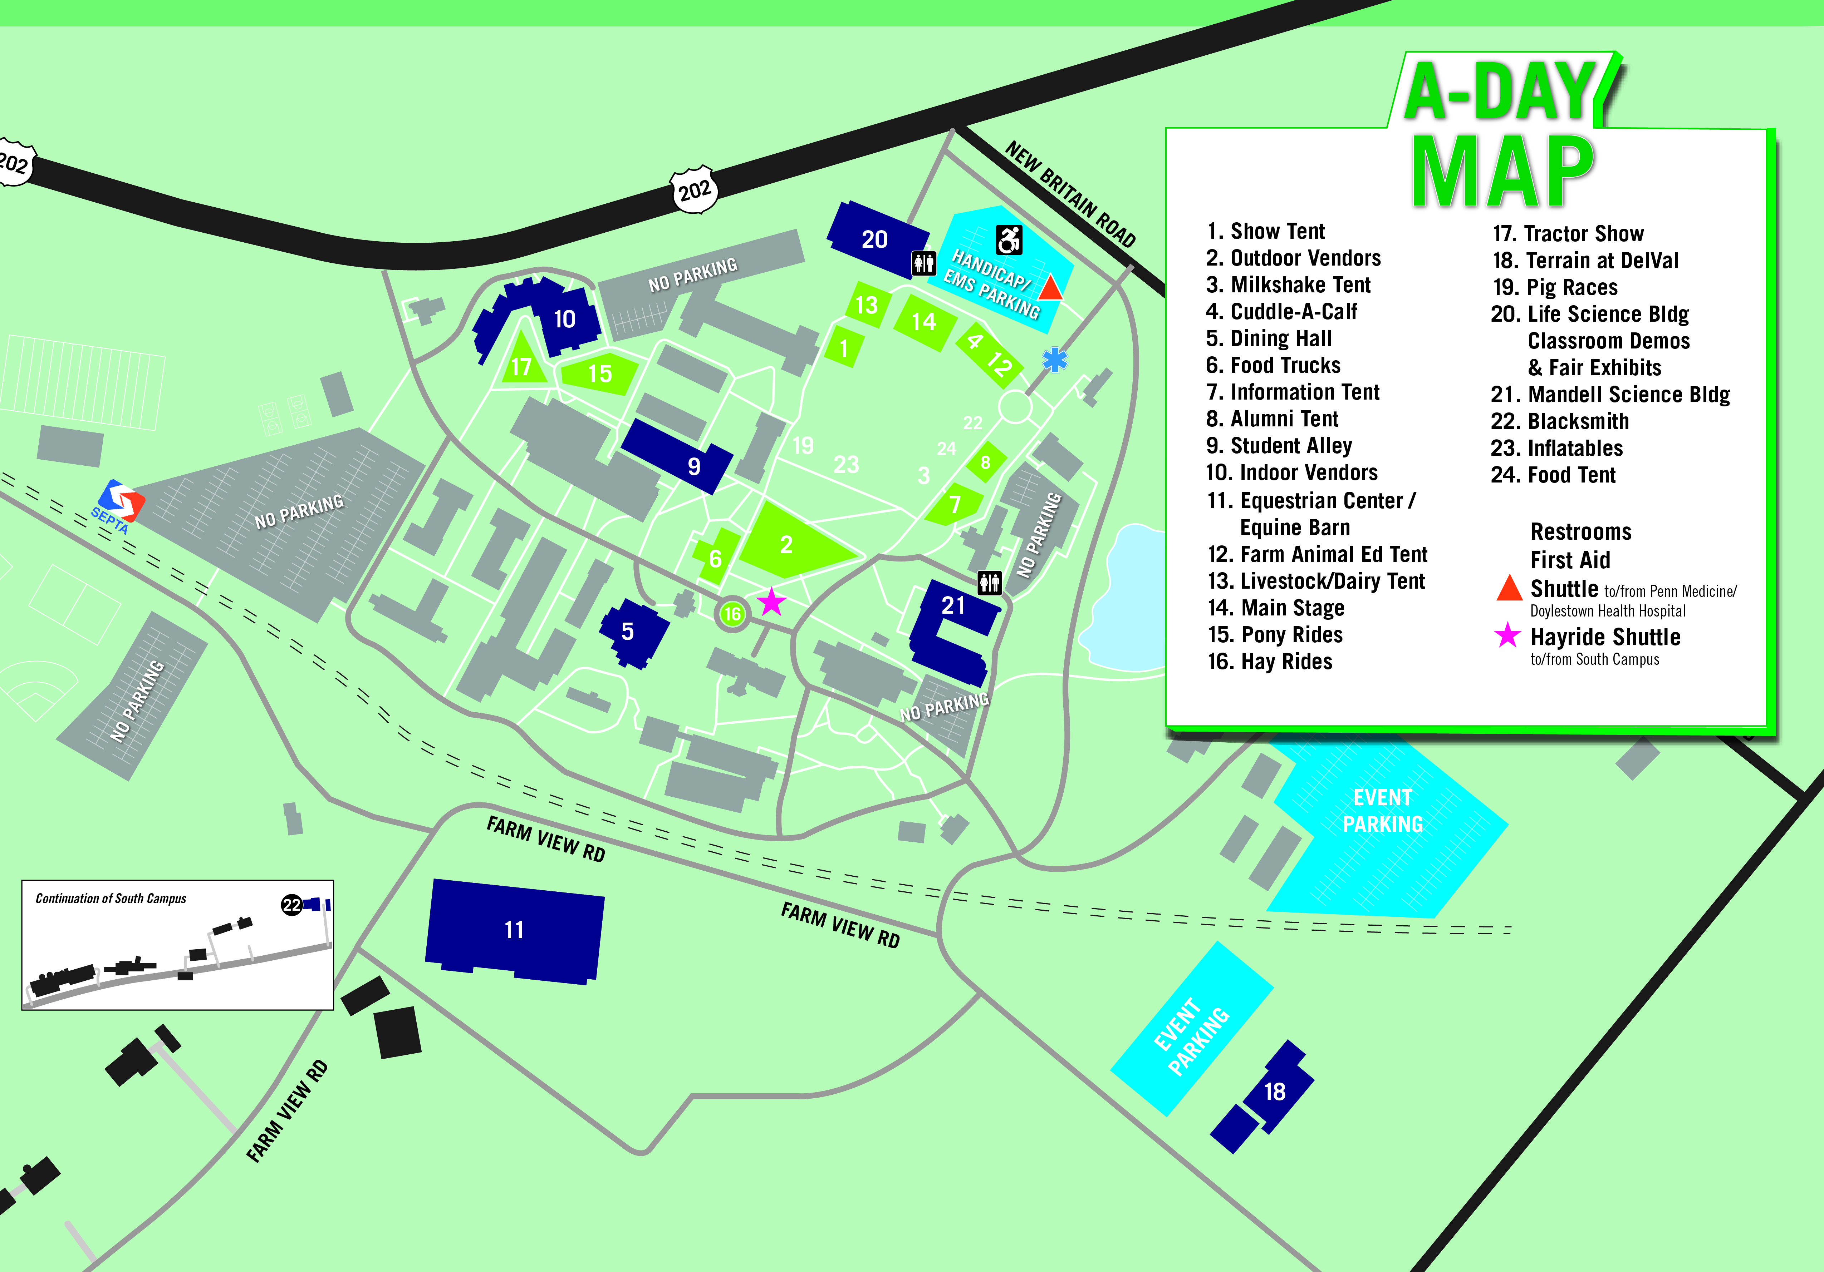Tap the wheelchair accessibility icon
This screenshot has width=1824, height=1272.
coord(1009,239)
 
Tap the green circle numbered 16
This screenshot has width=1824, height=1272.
coord(732,614)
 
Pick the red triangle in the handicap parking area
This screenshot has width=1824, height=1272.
coord(1050,287)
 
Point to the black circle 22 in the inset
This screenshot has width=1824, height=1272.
coord(291,904)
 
